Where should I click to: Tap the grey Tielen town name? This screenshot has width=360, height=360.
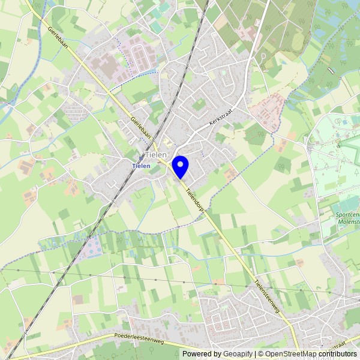(x=155, y=155)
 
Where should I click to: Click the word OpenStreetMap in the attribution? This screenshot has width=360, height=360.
(x=291, y=354)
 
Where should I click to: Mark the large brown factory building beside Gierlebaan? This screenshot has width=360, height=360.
(x=109, y=67)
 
